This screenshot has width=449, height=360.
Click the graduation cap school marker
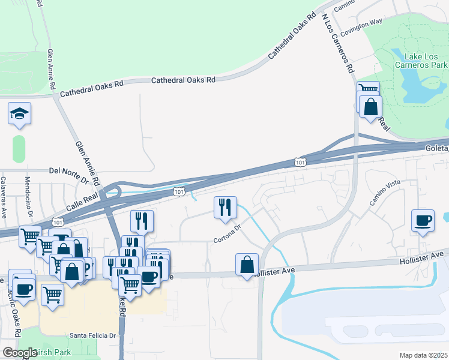[x=20, y=113]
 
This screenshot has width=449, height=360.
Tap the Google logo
[x=19, y=353]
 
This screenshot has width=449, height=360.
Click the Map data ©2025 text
[x=423, y=355]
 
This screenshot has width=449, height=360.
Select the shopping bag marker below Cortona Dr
[x=247, y=265]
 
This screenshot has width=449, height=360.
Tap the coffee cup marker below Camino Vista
[x=423, y=220]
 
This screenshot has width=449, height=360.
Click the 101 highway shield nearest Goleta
[x=300, y=161]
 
